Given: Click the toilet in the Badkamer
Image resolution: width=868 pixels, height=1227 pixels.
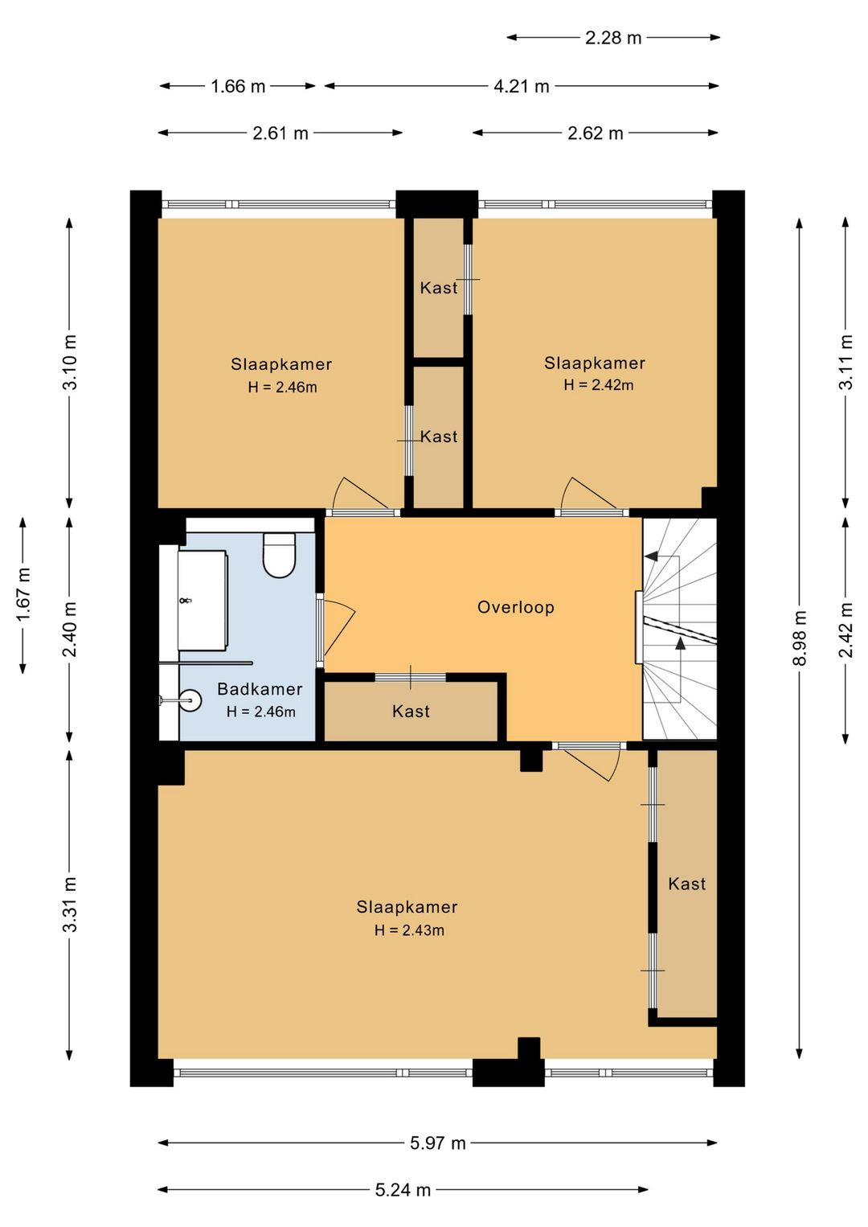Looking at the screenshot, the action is tap(280, 556).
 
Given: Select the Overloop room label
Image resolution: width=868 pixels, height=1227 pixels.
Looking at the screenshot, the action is tap(516, 607).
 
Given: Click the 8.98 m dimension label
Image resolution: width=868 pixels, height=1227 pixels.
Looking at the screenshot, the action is tap(800, 638).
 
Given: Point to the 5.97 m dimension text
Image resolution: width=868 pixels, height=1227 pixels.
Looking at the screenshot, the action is tap(438, 1143).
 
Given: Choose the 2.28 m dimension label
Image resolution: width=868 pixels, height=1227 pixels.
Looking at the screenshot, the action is tap(613, 38).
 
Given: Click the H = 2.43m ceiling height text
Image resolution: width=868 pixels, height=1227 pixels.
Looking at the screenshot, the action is tap(410, 930).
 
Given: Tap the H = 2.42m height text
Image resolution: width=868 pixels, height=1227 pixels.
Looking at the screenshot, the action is tap(599, 385).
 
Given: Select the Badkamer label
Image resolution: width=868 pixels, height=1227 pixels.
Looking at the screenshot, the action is tap(260, 689).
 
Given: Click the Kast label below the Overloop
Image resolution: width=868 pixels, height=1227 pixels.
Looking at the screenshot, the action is tap(411, 712).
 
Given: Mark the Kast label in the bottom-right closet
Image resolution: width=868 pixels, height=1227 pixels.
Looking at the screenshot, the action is tap(686, 884).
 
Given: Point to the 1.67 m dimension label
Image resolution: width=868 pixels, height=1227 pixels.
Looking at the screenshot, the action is tap(23, 595).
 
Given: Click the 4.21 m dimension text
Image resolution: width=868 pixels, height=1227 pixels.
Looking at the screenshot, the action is tap(522, 86).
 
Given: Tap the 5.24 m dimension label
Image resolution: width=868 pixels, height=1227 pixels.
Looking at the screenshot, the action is tap(403, 1190).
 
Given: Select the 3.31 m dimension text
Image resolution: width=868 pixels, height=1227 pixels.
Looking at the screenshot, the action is tap(70, 905).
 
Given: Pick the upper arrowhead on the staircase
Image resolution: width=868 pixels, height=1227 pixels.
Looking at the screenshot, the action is tap(651, 556).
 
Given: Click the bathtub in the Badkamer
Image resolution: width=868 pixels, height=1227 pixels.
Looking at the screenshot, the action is tap(202, 601).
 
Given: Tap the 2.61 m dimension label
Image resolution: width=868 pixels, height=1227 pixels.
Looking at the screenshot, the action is tap(280, 133).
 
